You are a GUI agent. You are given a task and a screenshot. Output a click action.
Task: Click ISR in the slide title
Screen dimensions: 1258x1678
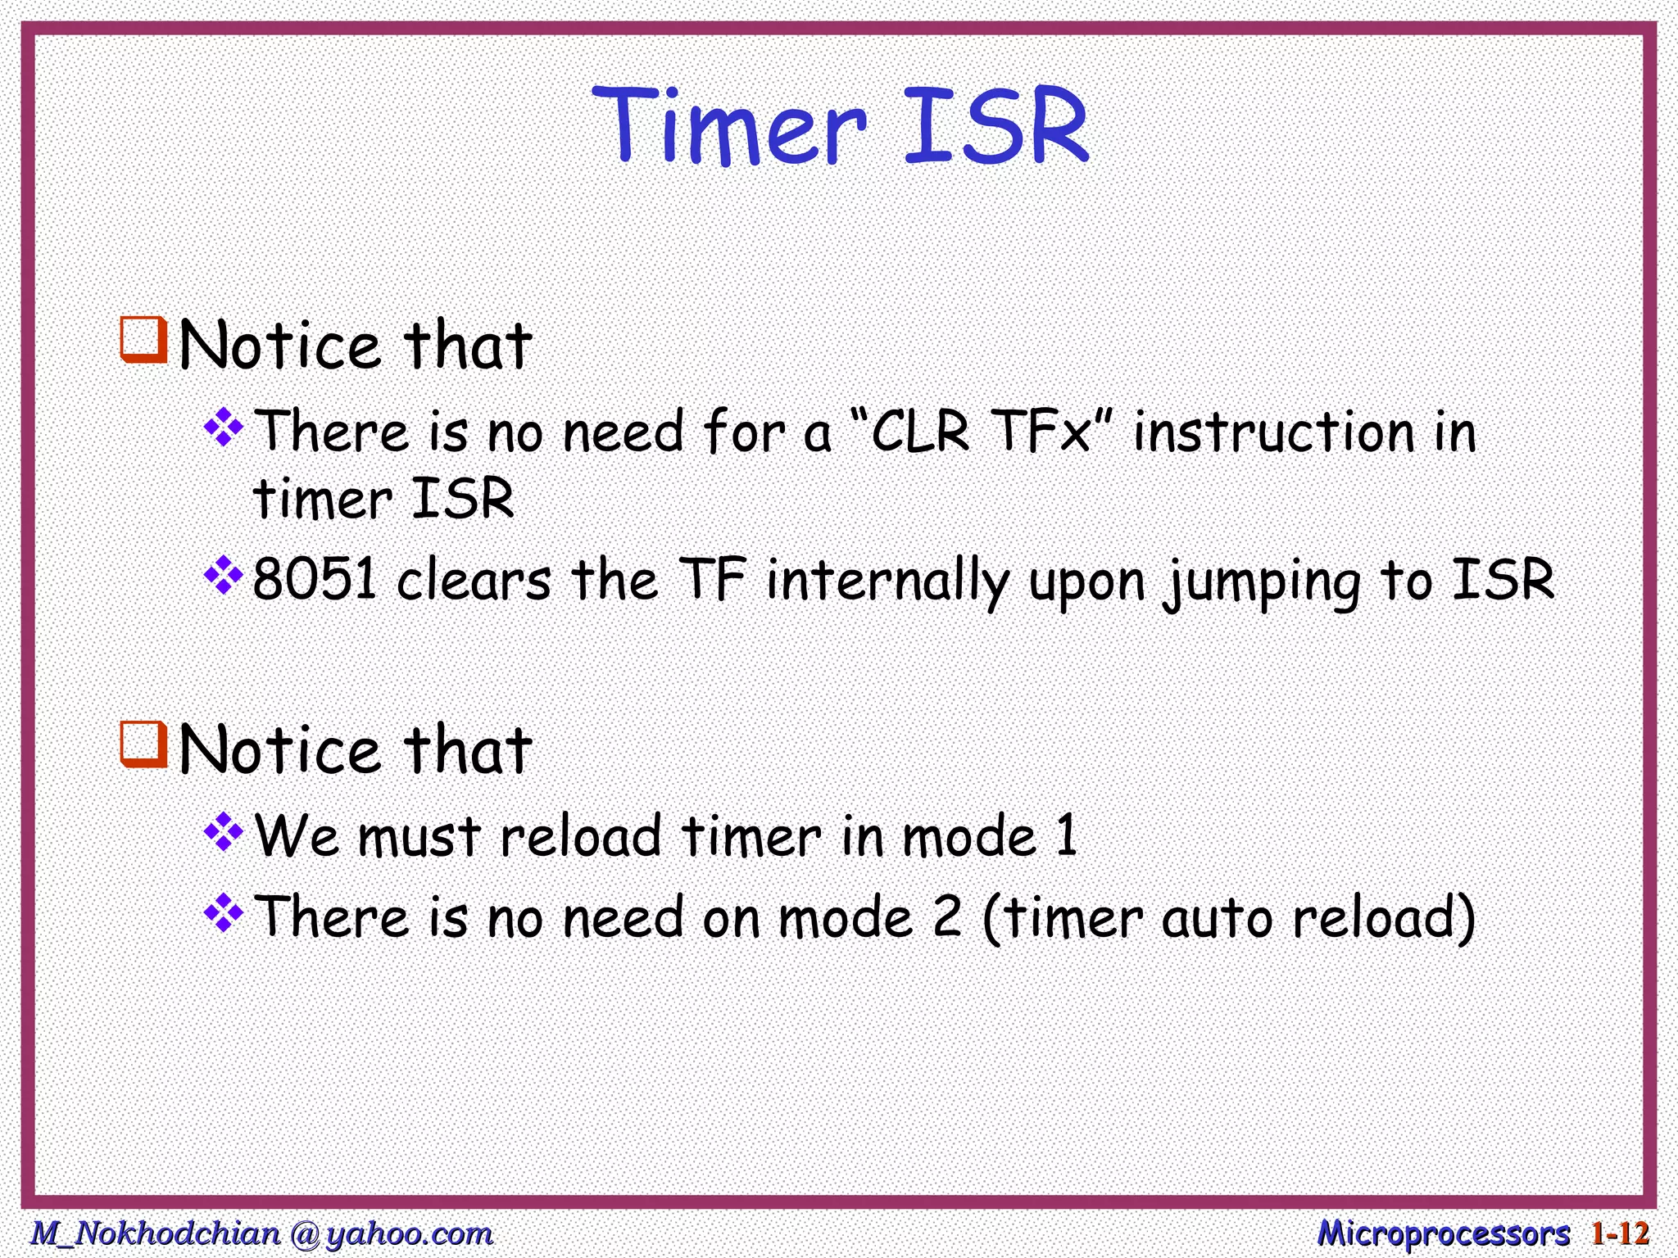click(x=995, y=127)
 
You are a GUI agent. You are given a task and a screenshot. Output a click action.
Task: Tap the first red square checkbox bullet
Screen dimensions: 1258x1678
click(x=143, y=340)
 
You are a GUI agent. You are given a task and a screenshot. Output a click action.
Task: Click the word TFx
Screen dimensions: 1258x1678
click(x=1041, y=432)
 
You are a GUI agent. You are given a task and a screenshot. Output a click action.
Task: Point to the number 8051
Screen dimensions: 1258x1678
click(x=315, y=580)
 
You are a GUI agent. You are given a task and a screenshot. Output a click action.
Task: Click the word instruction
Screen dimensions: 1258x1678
click(x=1275, y=432)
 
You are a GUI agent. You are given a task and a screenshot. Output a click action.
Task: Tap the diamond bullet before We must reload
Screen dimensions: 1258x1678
click(x=224, y=833)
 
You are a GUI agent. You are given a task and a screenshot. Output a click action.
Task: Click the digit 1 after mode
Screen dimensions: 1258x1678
click(x=1066, y=836)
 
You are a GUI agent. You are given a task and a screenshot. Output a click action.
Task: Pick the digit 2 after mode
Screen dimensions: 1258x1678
click(x=947, y=917)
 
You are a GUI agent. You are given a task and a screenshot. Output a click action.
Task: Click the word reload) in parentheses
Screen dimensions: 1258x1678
click(x=1384, y=917)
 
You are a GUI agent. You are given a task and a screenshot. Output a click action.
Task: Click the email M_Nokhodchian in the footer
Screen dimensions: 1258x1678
click(x=156, y=1233)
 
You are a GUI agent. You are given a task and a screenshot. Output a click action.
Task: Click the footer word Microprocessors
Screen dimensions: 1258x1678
click(x=1444, y=1233)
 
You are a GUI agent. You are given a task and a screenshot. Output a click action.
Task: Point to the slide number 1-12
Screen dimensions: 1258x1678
click(x=1619, y=1233)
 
